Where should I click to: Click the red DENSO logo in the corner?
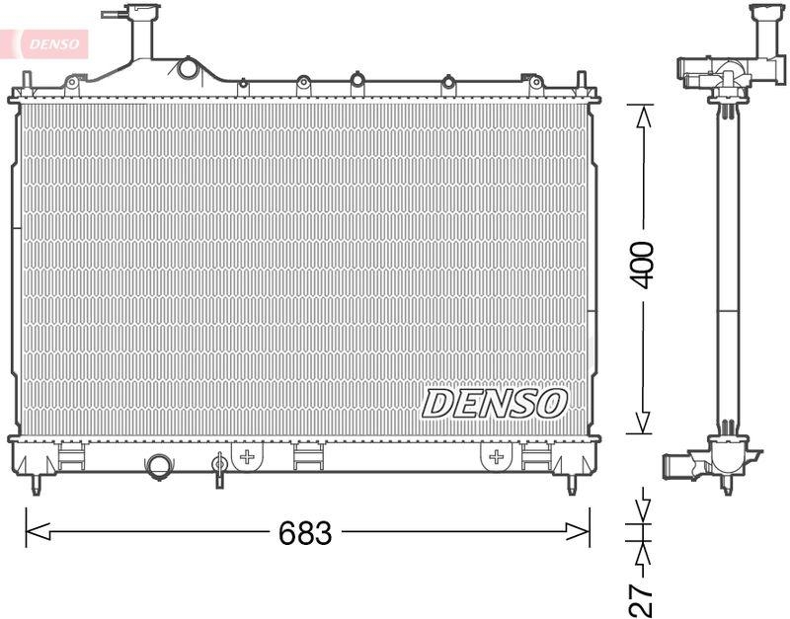pos(51,41)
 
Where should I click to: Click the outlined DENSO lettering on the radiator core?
pos(496,403)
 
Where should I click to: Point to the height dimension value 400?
pos(643,265)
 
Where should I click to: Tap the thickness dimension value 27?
pos(643,596)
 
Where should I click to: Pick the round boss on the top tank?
pos(188,68)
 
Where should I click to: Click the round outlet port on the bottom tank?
pos(158,466)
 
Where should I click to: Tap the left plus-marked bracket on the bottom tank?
pos(248,456)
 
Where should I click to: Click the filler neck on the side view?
pos(765,30)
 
